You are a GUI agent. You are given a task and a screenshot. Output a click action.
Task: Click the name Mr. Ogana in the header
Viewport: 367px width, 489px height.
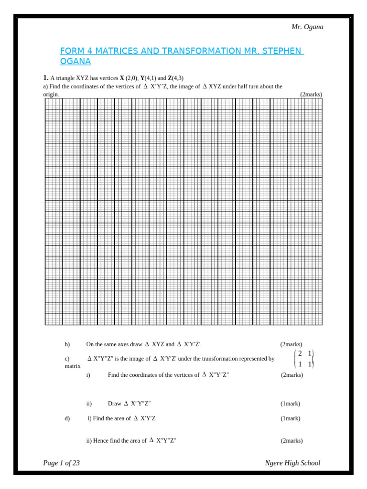pyautogui.click(x=307, y=27)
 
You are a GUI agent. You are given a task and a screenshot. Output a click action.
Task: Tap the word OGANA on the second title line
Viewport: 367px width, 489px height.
pyautogui.click(x=75, y=62)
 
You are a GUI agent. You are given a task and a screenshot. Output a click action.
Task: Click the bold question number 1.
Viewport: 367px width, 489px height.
pyautogui.click(x=45, y=78)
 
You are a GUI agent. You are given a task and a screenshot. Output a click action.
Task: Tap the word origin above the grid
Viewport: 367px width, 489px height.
pyautogui.click(x=51, y=95)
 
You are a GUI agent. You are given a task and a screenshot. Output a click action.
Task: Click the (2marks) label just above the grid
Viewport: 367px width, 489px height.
pyautogui.click(x=311, y=95)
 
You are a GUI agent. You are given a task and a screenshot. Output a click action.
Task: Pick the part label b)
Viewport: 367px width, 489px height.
pyautogui.click(x=67, y=344)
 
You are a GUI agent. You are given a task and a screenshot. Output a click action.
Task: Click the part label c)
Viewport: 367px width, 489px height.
pyautogui.click(x=67, y=359)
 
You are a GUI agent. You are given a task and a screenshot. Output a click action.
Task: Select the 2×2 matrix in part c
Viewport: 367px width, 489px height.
pyautogui.click(x=303, y=359)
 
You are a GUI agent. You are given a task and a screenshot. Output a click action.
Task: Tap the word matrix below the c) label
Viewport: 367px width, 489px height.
pyautogui.click(x=73, y=366)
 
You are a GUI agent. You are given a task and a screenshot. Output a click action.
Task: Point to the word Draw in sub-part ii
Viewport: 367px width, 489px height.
pyautogui.click(x=115, y=404)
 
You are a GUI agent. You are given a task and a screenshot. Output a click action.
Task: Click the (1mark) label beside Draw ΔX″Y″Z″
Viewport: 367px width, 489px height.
pyautogui.click(x=290, y=404)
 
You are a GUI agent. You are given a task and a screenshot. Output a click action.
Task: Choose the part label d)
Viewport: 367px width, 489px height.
pyautogui.click(x=67, y=418)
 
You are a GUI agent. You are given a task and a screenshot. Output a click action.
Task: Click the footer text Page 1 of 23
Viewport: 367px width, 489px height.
pyautogui.click(x=61, y=463)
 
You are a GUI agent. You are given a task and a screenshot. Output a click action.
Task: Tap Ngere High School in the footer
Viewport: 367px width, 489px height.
pyautogui.click(x=292, y=463)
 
